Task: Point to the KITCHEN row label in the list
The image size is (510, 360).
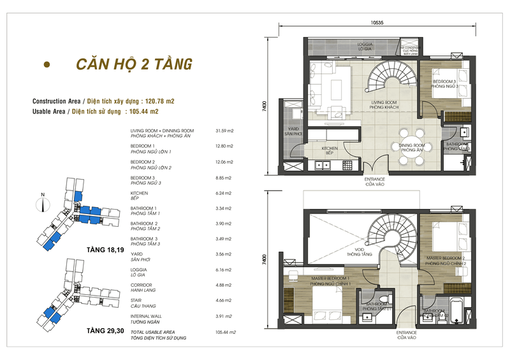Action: tap(139, 193)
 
